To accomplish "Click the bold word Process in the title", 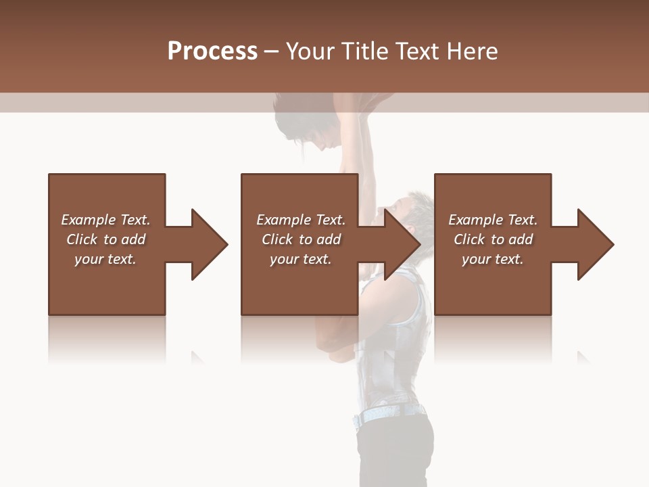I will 212,51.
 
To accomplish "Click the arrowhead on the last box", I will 594,244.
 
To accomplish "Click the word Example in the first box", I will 89,220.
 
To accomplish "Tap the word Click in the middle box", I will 276,239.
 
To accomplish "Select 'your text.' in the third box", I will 492,259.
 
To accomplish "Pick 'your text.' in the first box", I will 105,259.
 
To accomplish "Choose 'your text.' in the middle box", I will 300,259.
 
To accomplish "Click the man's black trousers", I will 395,453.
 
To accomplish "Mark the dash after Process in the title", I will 271,52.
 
